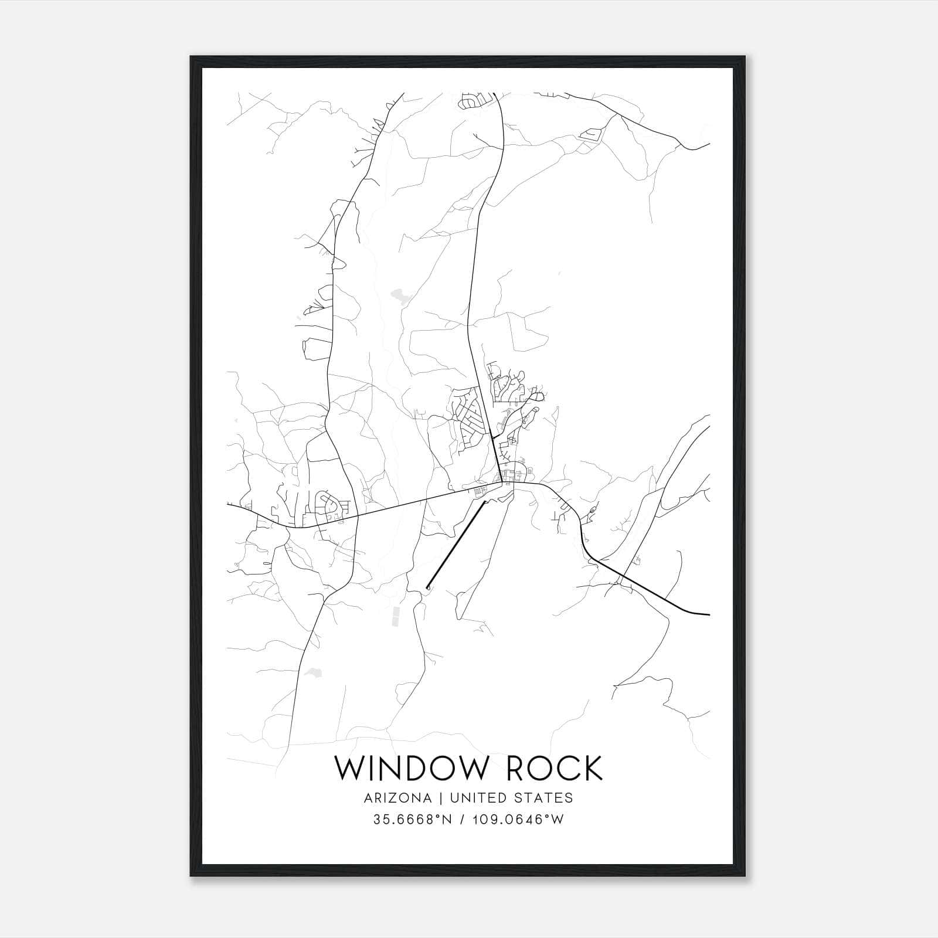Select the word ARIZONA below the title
(x=397, y=798)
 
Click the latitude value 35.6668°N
(x=413, y=820)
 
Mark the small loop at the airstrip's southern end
(x=428, y=586)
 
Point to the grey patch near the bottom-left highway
(x=312, y=672)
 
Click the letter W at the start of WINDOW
(x=349, y=769)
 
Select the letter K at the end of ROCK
(x=592, y=769)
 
